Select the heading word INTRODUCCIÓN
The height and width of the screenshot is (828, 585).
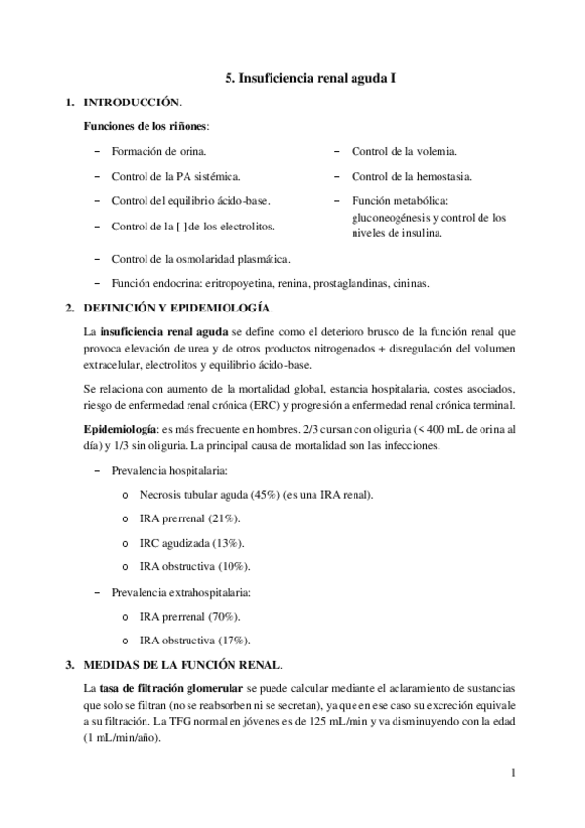(132, 103)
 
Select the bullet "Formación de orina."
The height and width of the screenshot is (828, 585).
(158, 152)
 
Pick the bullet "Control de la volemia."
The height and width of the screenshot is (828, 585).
(403, 152)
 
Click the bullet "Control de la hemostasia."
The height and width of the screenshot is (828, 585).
(411, 177)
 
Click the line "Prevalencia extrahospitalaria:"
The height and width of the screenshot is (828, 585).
(182, 592)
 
